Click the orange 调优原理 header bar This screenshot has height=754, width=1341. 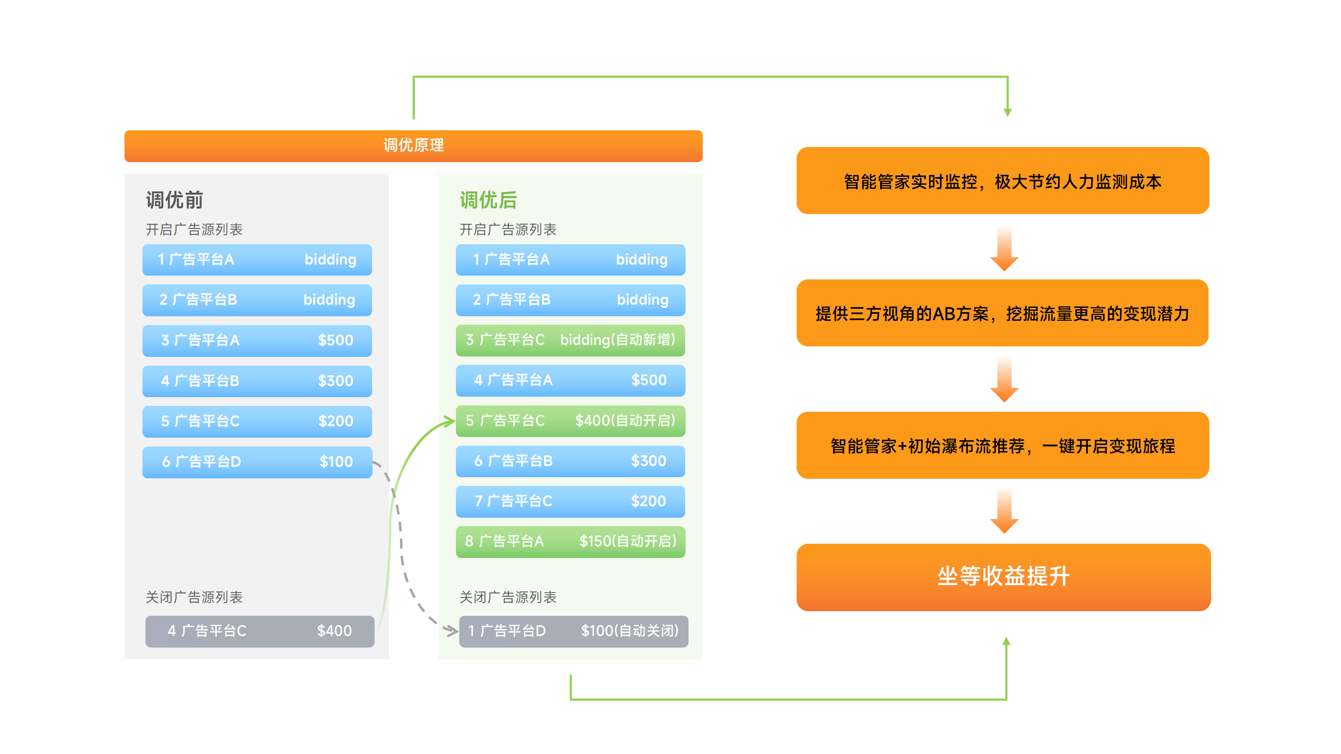point(413,146)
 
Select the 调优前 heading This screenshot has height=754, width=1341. point(174,200)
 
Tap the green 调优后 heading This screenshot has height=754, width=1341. point(488,200)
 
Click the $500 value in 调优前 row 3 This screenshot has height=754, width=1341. point(335,340)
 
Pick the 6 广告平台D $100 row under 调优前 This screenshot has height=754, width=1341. point(257,462)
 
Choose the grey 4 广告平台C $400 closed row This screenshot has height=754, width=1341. point(259,631)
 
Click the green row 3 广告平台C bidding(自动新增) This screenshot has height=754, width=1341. point(570,340)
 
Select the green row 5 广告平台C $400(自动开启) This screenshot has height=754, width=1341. point(570,421)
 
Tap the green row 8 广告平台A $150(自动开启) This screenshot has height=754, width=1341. point(570,542)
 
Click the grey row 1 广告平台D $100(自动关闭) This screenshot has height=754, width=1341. point(573,631)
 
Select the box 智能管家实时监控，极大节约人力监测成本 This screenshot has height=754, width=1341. point(1003,181)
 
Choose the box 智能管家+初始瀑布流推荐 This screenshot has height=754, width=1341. point(1003,445)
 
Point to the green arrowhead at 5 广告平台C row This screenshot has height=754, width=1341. point(449,421)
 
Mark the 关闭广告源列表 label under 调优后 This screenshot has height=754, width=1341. point(507,597)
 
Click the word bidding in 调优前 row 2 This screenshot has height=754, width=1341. point(329,300)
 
